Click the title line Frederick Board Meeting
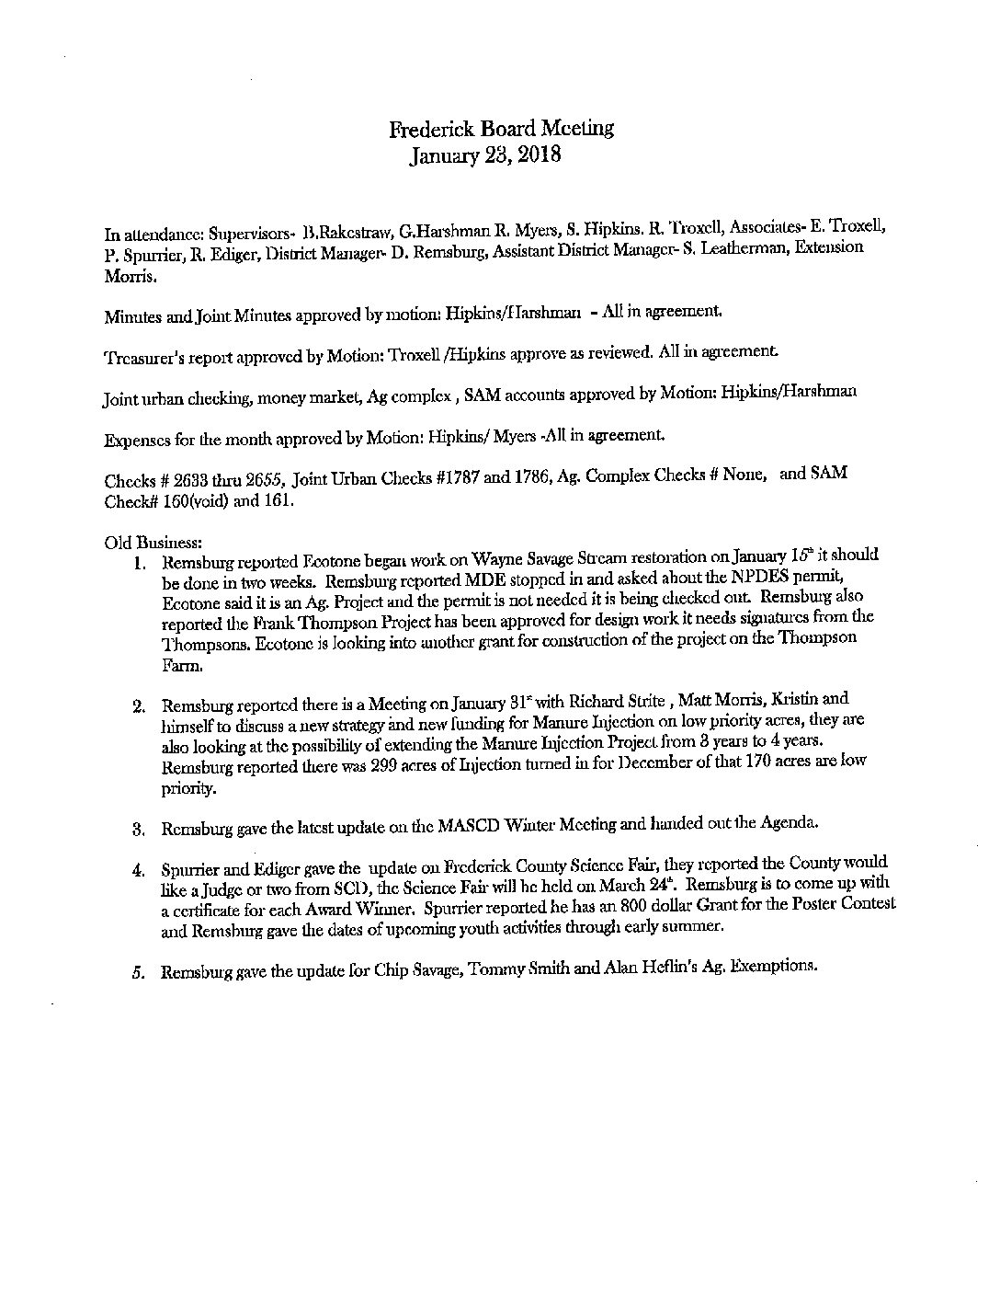click(501, 129)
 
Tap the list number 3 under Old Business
click(137, 828)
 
